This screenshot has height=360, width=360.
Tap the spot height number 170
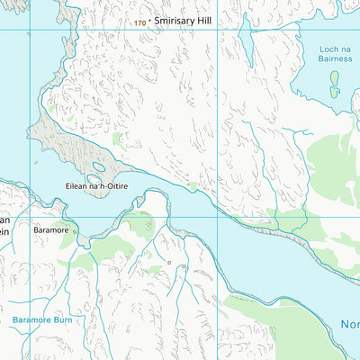[x=139, y=22]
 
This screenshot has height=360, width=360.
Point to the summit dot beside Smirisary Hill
[x=149, y=21]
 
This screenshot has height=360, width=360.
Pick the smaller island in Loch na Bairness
[x=335, y=92]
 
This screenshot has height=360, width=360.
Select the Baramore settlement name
[x=50, y=230]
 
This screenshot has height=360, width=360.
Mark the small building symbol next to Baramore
[x=76, y=231]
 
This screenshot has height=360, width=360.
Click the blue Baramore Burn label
[x=42, y=320]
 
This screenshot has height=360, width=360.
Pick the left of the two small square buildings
[x=168, y=263]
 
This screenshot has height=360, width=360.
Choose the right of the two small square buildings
[x=183, y=266]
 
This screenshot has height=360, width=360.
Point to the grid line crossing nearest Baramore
[x=29, y=217]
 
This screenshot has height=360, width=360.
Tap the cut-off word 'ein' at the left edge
[x=4, y=230]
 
